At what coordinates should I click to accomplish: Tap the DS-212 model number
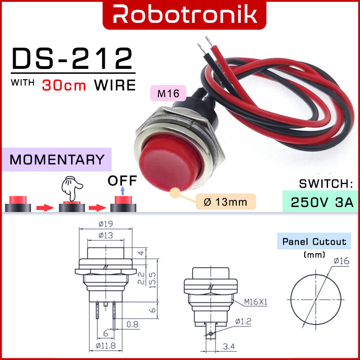[x=72, y=58]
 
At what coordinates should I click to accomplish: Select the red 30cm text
[x=64, y=85]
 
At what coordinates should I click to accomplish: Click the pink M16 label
[x=168, y=93]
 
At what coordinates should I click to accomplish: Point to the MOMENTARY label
[x=57, y=160]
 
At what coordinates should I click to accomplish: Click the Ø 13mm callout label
[x=226, y=202]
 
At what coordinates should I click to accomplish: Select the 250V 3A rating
[x=322, y=202]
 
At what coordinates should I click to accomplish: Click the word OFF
[x=122, y=181]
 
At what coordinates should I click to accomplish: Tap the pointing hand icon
[x=72, y=188]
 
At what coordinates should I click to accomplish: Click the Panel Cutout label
[x=314, y=242]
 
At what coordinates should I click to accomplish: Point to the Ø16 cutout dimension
[x=342, y=261]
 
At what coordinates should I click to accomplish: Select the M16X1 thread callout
[x=256, y=302]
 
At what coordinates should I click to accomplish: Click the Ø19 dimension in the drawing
[x=106, y=224]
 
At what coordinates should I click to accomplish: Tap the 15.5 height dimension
[x=153, y=280]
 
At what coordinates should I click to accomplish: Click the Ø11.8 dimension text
[x=106, y=346]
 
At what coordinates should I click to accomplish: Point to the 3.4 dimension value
[x=229, y=346]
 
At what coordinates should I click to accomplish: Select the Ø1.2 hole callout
[x=243, y=321]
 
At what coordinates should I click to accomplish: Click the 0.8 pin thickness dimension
[x=132, y=324]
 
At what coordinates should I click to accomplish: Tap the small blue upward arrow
[x=122, y=190]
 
